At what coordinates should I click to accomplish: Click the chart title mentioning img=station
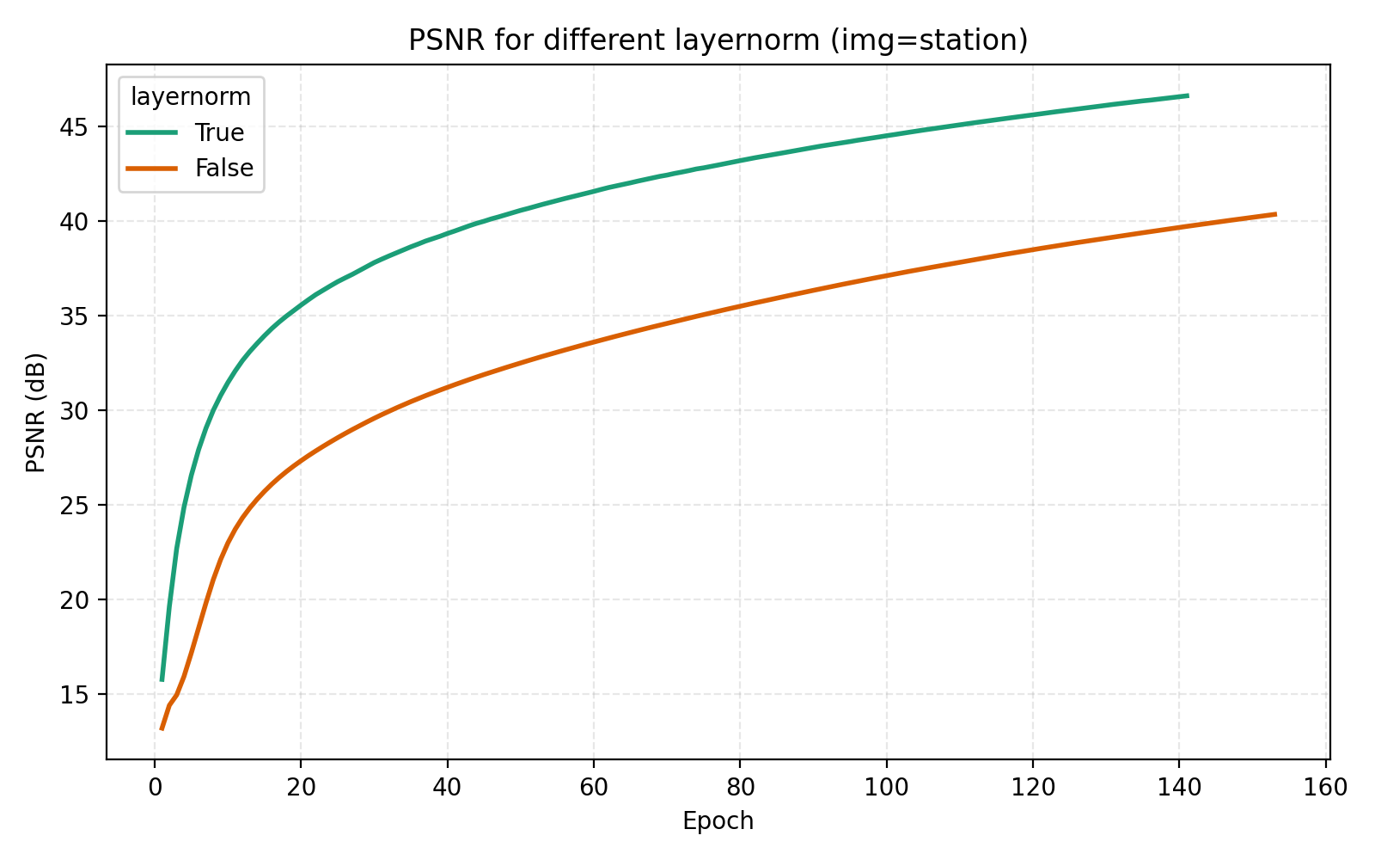tap(718, 40)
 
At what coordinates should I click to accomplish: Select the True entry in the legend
tap(219, 132)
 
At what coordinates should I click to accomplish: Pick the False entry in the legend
tap(223, 168)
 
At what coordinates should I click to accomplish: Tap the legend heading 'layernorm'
tap(191, 97)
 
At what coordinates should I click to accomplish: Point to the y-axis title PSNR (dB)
tap(35, 412)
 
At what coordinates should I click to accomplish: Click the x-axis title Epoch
tap(718, 821)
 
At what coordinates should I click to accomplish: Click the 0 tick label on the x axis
tap(155, 788)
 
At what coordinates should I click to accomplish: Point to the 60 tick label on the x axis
tap(593, 788)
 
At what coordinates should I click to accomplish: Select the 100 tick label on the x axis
tap(886, 788)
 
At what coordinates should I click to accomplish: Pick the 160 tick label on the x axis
tap(1325, 788)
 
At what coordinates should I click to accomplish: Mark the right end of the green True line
tap(1188, 95)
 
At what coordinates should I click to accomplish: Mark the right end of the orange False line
tap(1275, 214)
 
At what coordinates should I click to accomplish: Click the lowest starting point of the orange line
tap(162, 729)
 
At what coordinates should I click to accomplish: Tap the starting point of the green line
tap(162, 680)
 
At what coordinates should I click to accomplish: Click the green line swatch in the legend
tap(152, 132)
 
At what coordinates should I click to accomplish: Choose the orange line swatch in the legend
tap(152, 168)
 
